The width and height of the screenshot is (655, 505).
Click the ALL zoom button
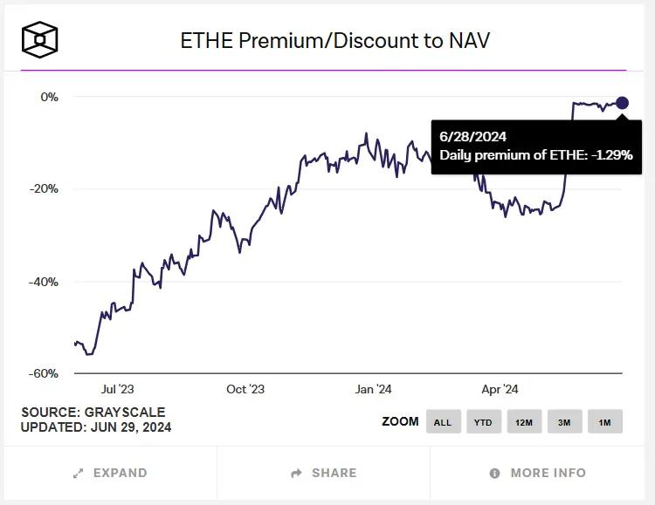coord(443,422)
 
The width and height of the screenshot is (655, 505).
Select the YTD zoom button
coord(483,422)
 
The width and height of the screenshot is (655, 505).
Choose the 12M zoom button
coord(524,422)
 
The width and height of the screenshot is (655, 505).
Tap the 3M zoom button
coord(564,422)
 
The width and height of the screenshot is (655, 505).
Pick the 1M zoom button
coord(604,422)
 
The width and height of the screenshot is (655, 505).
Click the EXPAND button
coord(110,473)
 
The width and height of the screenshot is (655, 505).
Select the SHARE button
coord(324,473)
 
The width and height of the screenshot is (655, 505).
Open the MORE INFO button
coord(537,473)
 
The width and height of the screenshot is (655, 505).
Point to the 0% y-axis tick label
coord(49,97)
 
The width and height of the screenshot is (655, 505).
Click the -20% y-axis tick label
coord(45,189)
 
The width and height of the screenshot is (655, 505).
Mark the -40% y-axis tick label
coord(45,282)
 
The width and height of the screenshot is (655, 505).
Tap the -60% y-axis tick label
coord(45,373)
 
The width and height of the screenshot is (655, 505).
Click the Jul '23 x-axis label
coord(119,389)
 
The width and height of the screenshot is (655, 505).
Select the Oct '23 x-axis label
coord(245,389)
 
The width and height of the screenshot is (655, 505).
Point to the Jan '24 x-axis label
coord(373,389)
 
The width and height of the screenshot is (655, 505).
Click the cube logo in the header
coord(40,39)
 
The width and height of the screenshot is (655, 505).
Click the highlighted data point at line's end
coord(622,103)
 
